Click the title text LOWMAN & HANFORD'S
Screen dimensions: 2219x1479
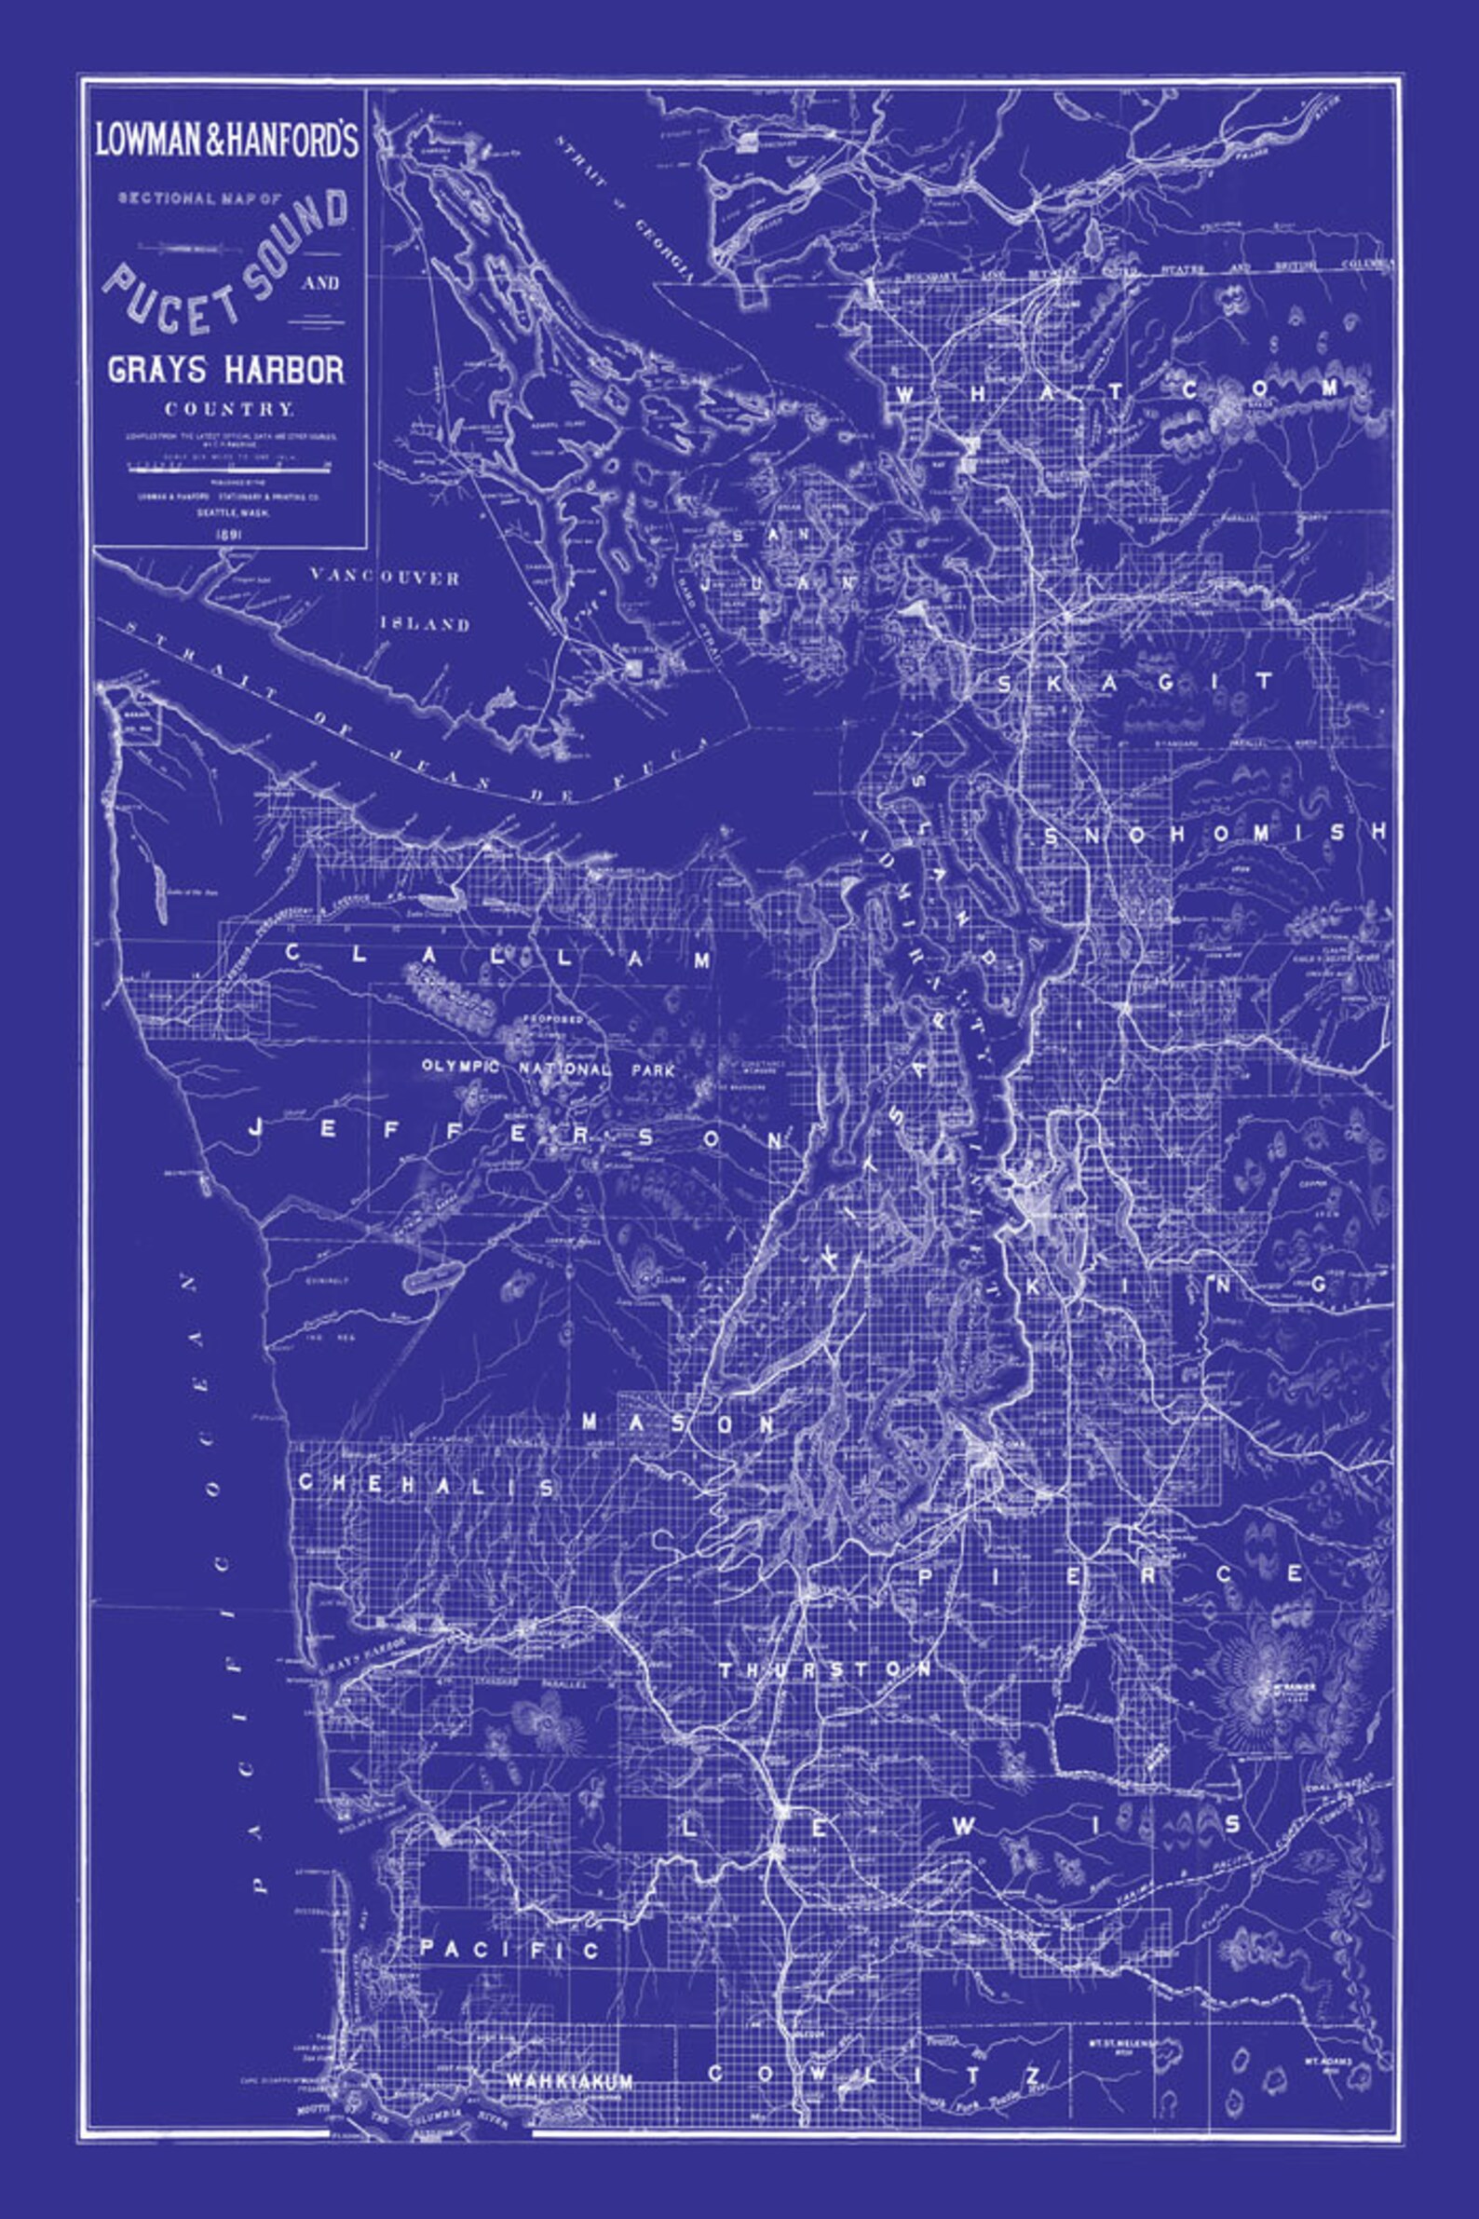tap(226, 140)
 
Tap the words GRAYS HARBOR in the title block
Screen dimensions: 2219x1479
tap(226, 369)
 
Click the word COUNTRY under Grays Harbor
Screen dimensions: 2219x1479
tap(229, 410)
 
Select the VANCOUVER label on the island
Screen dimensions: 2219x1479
tap(384, 578)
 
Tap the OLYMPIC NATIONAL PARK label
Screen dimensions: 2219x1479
tap(548, 1069)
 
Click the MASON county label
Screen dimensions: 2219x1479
tap(679, 1423)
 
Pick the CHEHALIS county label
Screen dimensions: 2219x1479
tap(427, 1484)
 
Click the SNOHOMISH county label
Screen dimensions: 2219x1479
tap(1216, 832)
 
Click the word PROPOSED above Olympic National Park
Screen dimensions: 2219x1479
tap(555, 1021)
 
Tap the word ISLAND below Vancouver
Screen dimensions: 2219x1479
tap(426, 623)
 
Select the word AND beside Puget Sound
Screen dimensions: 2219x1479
tap(320, 282)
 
